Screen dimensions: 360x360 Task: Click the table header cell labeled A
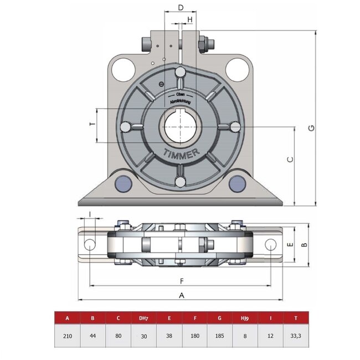tap(67, 318)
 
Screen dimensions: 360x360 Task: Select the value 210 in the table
tap(67, 336)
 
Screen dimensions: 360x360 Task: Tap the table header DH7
tap(143, 318)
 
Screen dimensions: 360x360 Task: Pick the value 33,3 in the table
tap(296, 336)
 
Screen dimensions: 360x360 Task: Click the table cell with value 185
tap(220, 336)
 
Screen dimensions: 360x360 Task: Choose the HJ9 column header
tap(245, 318)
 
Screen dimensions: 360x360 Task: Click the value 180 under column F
tap(194, 336)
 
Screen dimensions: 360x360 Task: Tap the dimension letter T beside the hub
tap(92, 125)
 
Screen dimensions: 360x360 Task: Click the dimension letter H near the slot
tap(190, 19)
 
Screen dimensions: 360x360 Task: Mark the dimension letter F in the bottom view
tap(181, 280)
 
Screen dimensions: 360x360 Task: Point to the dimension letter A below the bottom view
tap(181, 295)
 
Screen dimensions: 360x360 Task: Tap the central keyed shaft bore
tap(179, 127)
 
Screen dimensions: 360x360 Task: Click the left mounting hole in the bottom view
tap(89, 244)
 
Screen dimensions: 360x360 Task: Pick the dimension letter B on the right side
tap(303, 244)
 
